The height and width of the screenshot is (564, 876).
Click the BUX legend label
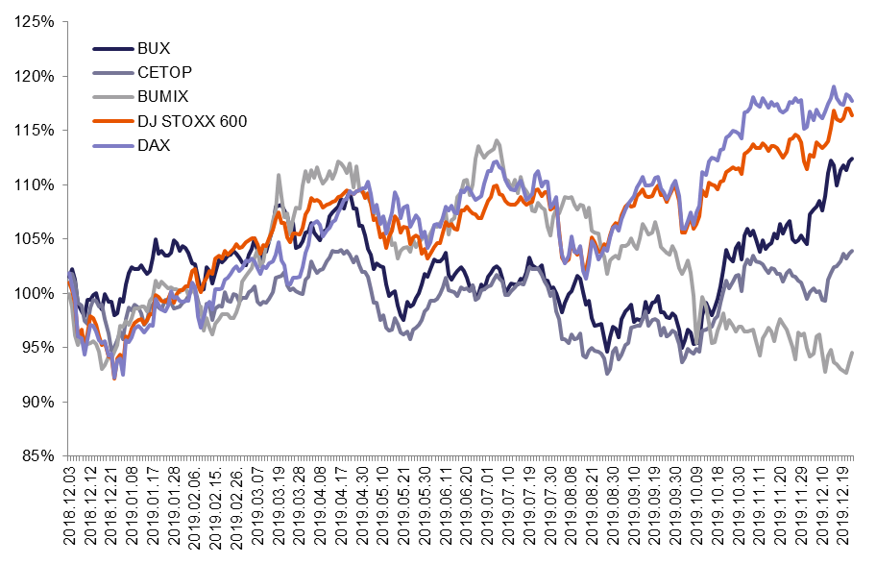154,48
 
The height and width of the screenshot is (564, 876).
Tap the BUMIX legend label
163,96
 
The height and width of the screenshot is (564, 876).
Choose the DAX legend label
154,145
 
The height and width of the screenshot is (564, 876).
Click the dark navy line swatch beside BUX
113,48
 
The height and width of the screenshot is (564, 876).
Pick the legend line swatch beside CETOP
113,72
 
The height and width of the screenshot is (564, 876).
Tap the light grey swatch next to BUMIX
113,96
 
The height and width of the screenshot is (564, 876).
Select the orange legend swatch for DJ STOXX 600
113,121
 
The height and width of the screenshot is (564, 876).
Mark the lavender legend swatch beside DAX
113,145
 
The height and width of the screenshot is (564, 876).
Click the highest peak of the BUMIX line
497,140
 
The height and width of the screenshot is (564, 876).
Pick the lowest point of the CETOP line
607,373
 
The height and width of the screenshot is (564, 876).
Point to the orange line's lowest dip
115,378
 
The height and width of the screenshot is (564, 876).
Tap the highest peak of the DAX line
834,86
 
